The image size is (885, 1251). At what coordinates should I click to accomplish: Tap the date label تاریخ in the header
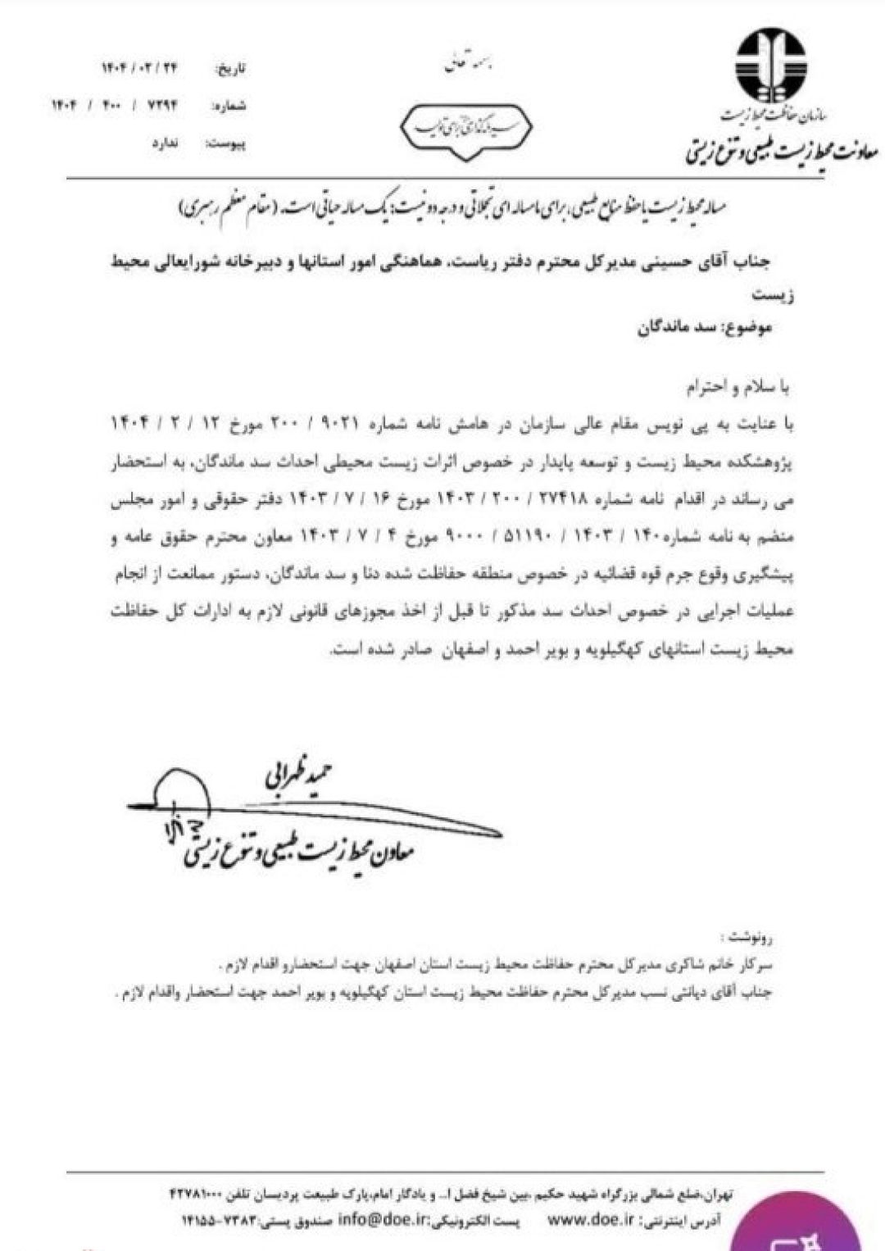pyautogui.click(x=230, y=69)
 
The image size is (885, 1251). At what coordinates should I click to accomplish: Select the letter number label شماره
pyautogui.click(x=229, y=107)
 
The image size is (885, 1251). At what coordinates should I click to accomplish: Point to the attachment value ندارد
pyautogui.click(x=165, y=143)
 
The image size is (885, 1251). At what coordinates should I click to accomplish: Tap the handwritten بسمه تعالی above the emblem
pyautogui.click(x=461, y=65)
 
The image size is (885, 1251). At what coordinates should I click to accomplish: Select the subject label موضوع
pyautogui.click(x=747, y=329)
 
